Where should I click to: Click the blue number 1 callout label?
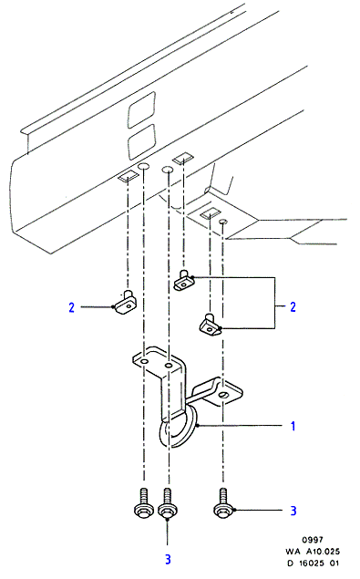(x=293, y=426)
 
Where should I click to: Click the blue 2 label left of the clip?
(x=72, y=307)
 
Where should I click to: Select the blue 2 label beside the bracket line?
(x=293, y=307)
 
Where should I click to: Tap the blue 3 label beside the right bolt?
(x=293, y=511)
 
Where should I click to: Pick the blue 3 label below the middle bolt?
(x=168, y=559)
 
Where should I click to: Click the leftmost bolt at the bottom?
(x=143, y=503)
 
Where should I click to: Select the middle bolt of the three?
(x=168, y=503)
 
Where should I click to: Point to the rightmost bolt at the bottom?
(x=222, y=502)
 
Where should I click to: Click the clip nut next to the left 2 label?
(x=126, y=303)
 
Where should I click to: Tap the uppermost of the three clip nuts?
(x=183, y=280)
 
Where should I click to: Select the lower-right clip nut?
(x=211, y=325)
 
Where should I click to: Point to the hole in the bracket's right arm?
(x=223, y=396)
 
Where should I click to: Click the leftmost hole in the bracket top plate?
(x=144, y=361)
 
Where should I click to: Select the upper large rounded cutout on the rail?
(x=141, y=109)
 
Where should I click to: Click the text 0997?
(x=313, y=540)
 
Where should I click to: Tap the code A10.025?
(x=323, y=552)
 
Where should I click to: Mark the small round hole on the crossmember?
(x=222, y=222)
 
